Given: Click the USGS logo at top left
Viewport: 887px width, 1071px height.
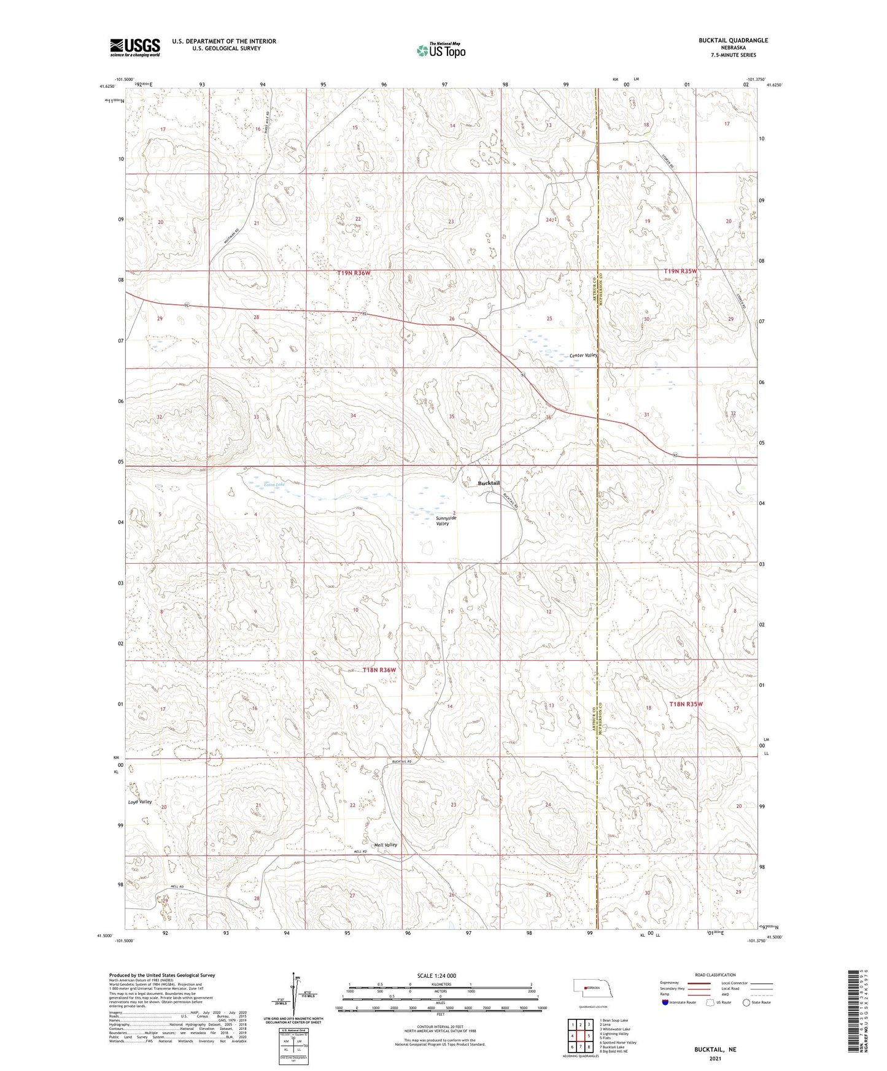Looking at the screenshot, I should pos(135,47).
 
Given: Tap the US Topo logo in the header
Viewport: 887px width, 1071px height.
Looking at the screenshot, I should pos(440,50).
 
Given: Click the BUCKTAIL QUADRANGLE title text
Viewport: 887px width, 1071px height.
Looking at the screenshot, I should pos(733,40).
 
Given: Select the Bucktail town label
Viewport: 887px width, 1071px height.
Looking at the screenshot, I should pos(489,483).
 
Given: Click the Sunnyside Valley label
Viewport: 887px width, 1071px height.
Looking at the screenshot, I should pos(443,521).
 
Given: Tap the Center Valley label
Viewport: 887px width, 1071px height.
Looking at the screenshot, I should pos(583,356).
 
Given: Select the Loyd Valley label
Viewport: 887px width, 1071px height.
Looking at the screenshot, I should pos(140,802).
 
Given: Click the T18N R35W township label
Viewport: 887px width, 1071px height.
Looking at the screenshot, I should pos(685,705).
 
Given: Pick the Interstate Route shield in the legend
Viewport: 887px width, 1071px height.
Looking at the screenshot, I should pos(666,1002).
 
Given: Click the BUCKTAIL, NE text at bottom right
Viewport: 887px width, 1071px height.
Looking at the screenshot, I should pos(715,1050).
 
